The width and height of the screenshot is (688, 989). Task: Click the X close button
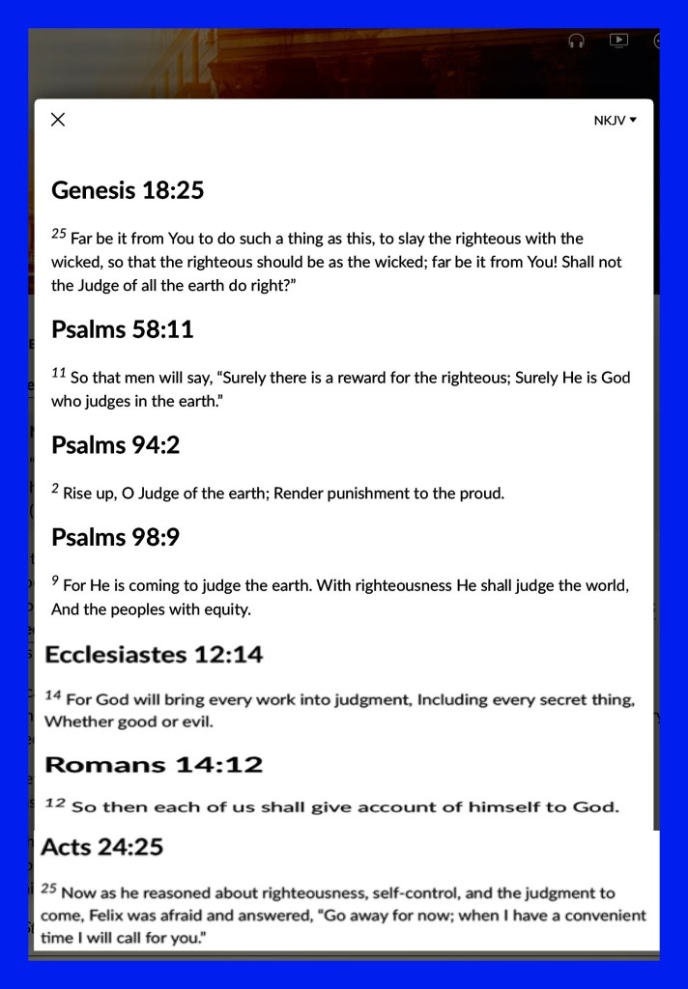[58, 120]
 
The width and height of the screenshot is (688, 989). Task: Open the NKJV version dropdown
[616, 121]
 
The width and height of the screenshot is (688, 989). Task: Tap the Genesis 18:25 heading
[128, 190]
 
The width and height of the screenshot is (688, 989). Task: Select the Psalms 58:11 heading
[123, 329]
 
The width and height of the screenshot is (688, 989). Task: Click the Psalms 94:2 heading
[116, 445]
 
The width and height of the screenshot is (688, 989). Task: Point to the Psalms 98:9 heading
[116, 537]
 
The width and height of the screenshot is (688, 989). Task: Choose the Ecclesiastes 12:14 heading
[154, 655]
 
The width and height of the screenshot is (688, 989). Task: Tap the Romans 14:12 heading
[154, 765]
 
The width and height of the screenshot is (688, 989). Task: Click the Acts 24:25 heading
[102, 847]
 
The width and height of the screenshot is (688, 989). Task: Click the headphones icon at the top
[577, 41]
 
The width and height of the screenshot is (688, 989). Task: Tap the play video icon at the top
[618, 41]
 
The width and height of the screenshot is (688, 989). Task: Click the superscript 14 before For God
[54, 696]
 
